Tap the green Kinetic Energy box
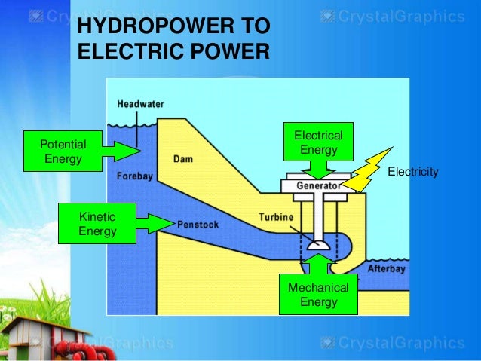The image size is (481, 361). [98, 224]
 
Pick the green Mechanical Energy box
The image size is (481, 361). [318, 295]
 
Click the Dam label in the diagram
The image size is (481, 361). [183, 159]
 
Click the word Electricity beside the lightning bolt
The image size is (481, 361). [412, 173]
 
